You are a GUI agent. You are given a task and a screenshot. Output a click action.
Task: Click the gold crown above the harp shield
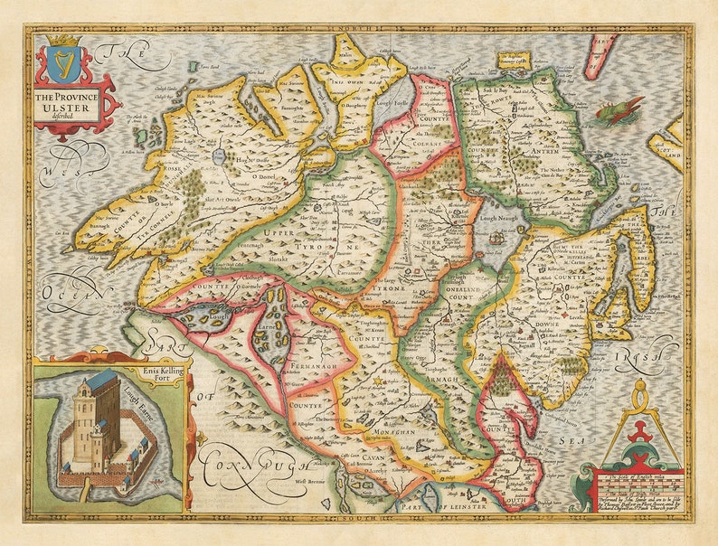point(64,41)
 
